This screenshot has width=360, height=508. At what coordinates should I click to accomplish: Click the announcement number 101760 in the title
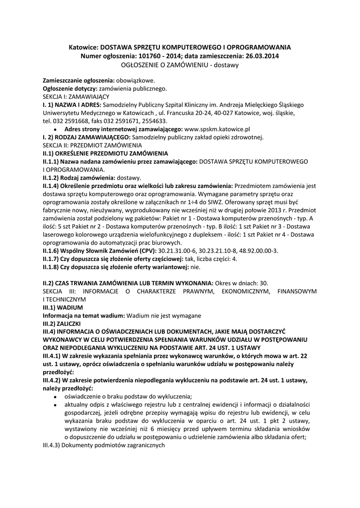point(159,56)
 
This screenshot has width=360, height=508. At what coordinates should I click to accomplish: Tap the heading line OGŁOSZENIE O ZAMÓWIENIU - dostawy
point(180,65)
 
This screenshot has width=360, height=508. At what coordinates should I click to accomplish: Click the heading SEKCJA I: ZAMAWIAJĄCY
point(76,96)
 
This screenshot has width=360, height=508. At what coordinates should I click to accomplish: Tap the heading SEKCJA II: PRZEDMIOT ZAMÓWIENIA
point(92,145)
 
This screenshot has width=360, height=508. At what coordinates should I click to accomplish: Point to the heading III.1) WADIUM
point(63,308)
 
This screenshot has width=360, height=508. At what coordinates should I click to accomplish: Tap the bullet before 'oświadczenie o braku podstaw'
point(55,396)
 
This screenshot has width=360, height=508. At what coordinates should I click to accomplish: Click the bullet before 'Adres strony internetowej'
point(55,129)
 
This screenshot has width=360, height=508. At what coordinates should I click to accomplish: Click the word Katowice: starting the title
point(84,47)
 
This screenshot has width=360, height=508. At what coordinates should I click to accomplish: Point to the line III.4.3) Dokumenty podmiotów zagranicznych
point(103,445)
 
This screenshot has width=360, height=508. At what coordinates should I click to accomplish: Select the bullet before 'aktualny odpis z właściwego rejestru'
point(55,405)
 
